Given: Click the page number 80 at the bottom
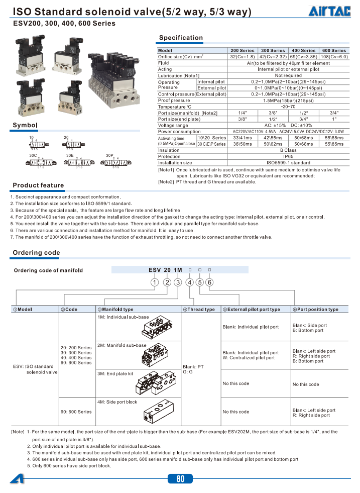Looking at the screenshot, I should pos(180,479).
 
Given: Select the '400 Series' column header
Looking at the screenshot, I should pos(303,50).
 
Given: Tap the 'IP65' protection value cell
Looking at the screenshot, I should pos(288,156).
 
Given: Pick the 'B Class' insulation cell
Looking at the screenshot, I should pos(288,150).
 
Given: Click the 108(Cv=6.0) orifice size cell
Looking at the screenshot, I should pos(334,57).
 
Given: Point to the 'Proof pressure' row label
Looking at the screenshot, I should pos(174,100).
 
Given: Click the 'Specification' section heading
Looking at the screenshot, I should pos(181,38).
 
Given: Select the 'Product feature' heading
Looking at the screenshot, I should pos(38,185).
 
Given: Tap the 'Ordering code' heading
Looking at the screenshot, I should pos(36,253).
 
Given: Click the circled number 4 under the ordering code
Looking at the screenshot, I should pos(189,282).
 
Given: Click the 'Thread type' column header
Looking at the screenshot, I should pos(201,310).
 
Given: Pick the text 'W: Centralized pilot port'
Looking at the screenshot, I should pos(250,358).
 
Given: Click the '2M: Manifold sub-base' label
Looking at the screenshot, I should pos(122,345).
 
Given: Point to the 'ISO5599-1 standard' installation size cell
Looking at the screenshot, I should pos(288,163).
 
